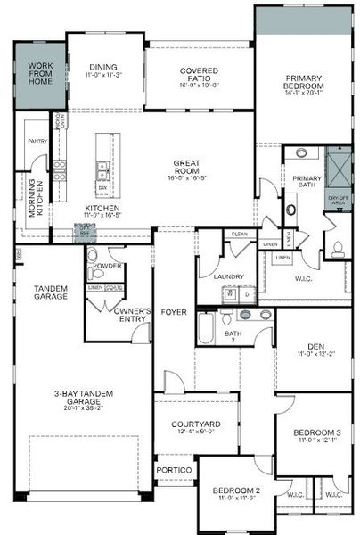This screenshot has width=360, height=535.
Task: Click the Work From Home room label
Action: pyautogui.click(x=40, y=72)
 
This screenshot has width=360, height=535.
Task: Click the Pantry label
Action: pyautogui.click(x=37, y=141)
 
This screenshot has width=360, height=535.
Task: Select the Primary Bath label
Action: pyautogui.click(x=307, y=182)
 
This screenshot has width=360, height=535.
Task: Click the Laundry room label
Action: pyautogui.click(x=228, y=276)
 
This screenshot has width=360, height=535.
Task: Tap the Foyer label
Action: pyautogui.click(x=174, y=312)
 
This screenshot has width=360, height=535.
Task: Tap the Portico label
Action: pyautogui.click(x=173, y=470)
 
